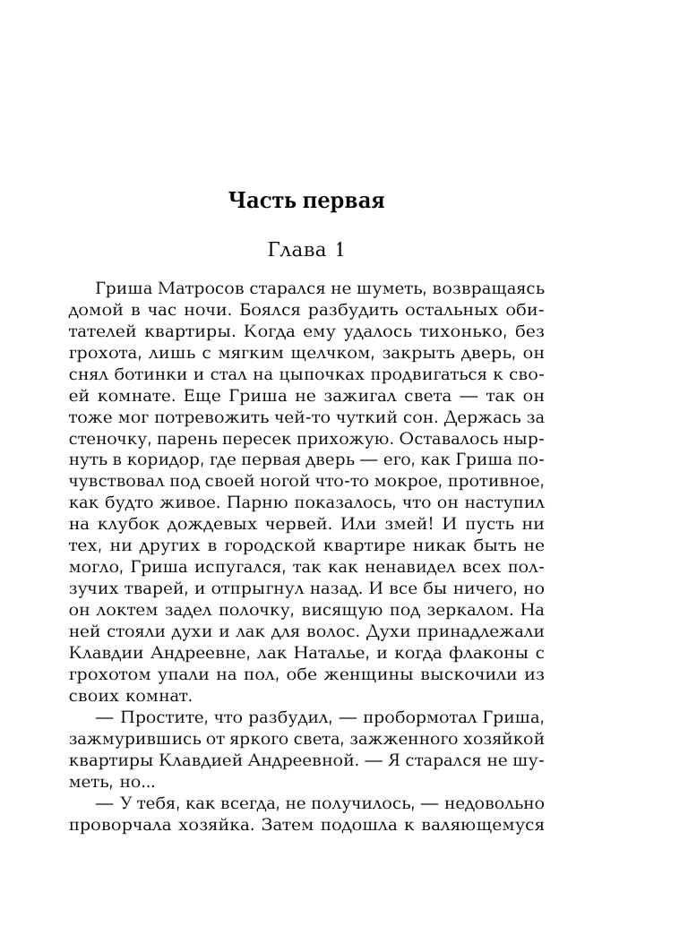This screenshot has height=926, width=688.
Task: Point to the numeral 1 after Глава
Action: pyautogui.click(x=339, y=252)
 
